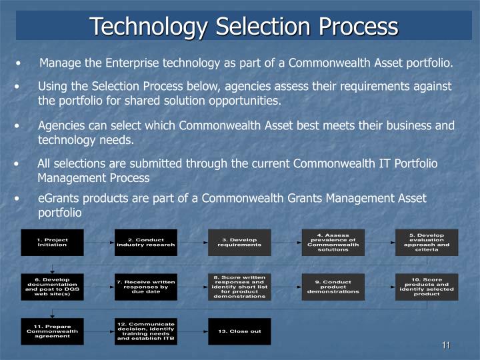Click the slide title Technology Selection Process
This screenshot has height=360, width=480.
point(244,26)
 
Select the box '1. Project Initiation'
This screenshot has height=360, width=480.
point(52,242)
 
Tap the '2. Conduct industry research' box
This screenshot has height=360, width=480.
point(146,242)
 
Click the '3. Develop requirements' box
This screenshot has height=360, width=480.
point(239,242)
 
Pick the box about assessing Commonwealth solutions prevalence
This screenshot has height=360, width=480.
point(333,242)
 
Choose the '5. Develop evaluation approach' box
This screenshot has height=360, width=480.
point(426,242)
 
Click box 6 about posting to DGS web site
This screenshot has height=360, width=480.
point(52,287)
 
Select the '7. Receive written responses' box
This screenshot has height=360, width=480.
point(146,287)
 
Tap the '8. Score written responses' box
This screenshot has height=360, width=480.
point(239,287)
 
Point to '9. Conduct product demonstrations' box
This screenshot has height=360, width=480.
point(333,287)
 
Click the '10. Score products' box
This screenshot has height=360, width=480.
point(426,287)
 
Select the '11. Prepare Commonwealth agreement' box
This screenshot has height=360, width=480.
point(52,331)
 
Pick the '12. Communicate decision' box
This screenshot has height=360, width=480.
point(146,331)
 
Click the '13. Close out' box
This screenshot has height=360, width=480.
point(239,331)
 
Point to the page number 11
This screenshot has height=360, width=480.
point(446,345)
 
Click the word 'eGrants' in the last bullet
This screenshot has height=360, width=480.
point(57,199)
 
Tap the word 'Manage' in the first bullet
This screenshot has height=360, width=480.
point(59,63)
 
